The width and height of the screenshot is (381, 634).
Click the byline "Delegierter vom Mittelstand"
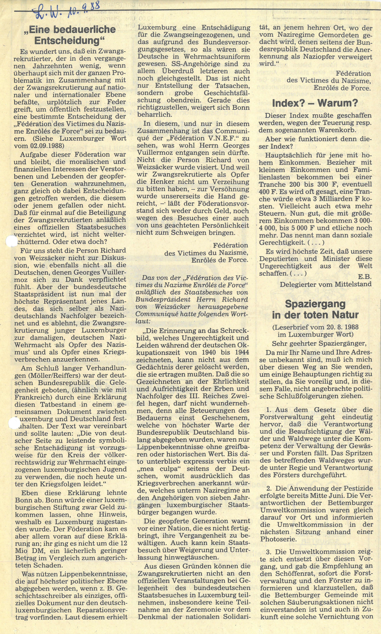point(326,284)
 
